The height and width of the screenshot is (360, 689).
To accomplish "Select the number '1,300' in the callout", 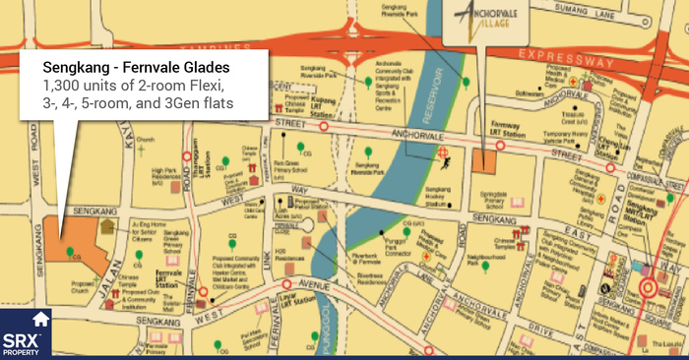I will coord(62,86).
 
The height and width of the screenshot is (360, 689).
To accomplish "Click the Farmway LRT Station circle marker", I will coord(501,145).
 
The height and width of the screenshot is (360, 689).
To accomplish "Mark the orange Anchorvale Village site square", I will coord(483,161).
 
